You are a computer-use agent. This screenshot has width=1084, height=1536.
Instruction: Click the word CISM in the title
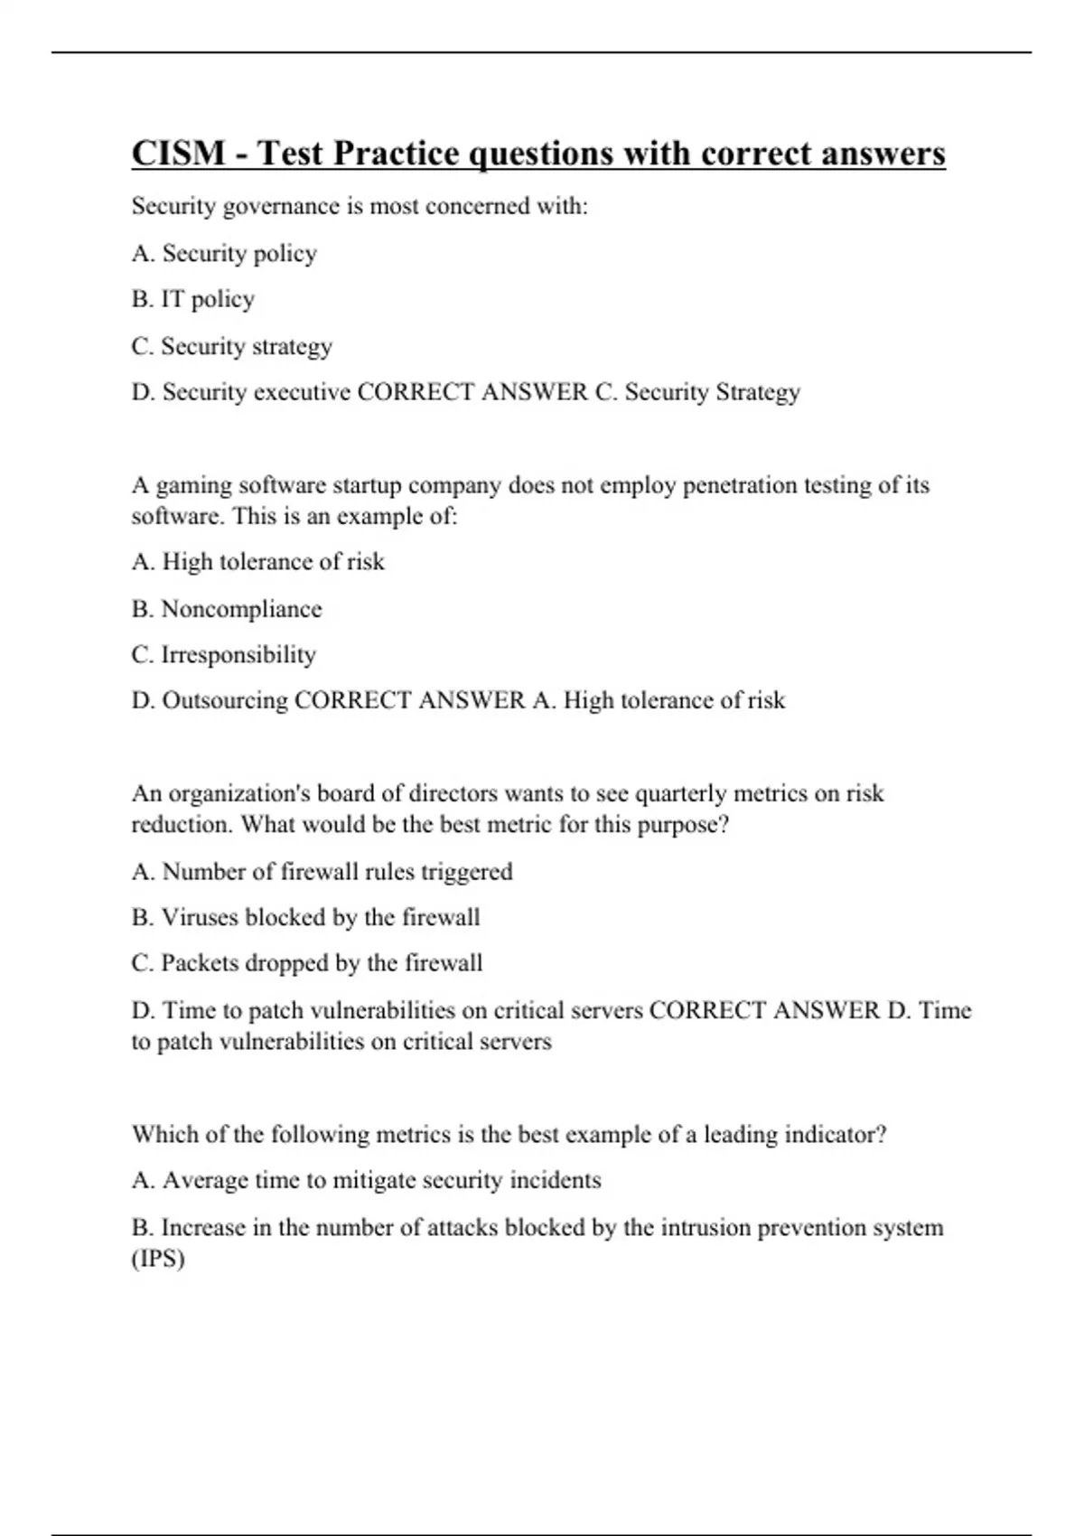[x=178, y=154]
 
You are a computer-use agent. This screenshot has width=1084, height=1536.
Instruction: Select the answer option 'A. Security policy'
[x=224, y=253]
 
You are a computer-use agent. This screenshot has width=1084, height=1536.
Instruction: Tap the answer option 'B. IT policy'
[x=192, y=299]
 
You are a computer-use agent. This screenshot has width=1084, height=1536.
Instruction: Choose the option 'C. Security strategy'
[x=231, y=346]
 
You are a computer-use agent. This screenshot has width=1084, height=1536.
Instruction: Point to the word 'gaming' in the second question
[x=194, y=486]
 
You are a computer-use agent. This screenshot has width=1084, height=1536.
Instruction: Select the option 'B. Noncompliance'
[x=226, y=609]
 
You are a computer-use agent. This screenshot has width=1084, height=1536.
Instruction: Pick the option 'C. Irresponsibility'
[x=223, y=654]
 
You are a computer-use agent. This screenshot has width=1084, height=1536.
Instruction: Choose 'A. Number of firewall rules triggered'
[x=322, y=871]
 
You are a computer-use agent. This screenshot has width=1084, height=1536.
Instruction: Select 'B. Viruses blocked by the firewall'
[x=305, y=917]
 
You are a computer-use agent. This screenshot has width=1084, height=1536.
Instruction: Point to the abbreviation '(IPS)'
[x=158, y=1259]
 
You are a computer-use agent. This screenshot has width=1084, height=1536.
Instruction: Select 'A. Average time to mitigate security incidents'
[x=366, y=1180]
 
